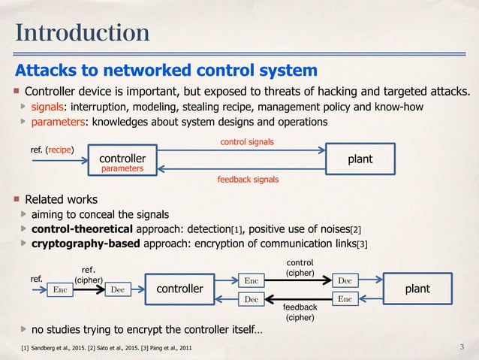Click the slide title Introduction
coord(82,33)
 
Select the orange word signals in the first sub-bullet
coord(46,107)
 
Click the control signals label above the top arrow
coord(246,141)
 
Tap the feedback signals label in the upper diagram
coord(248,180)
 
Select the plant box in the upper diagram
coord(360,159)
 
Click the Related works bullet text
coord(62,200)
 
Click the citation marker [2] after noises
coord(356,229)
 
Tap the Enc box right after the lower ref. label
coord(63,289)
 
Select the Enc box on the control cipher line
coord(253,281)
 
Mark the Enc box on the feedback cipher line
coord(345,299)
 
